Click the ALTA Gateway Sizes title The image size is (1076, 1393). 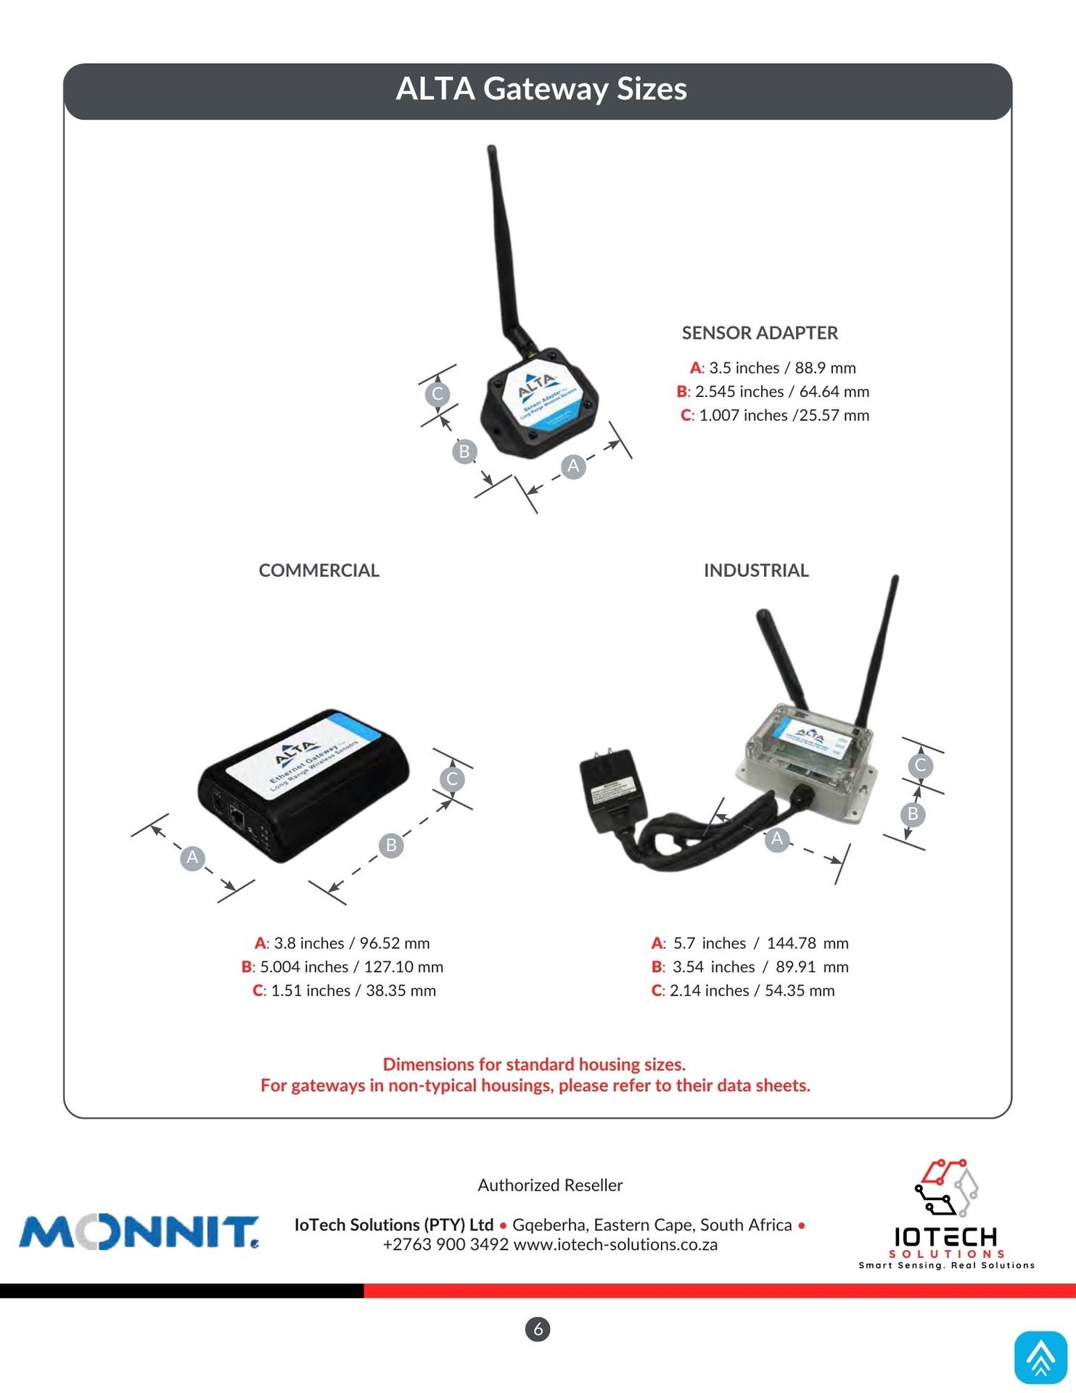pyautogui.click(x=541, y=89)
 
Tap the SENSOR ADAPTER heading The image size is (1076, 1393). pyautogui.click(x=760, y=333)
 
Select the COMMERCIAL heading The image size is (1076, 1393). pyautogui.click(x=319, y=570)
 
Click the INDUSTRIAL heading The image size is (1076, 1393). pyautogui.click(x=756, y=570)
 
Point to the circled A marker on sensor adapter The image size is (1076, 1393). pyautogui.click(x=573, y=466)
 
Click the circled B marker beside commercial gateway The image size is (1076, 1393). pyautogui.click(x=391, y=845)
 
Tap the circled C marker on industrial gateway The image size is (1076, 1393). pyautogui.click(x=920, y=765)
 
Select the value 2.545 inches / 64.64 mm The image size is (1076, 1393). pyautogui.click(x=781, y=392)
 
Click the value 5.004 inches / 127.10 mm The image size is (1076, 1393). pyautogui.click(x=351, y=967)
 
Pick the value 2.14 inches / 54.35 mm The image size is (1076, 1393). pyautogui.click(x=752, y=991)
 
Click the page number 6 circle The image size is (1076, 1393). pyautogui.click(x=538, y=1329)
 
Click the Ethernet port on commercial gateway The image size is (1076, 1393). pyautogui.click(x=237, y=815)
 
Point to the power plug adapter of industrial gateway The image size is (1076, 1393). pyautogui.click(x=612, y=792)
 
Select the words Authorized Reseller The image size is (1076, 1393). pyautogui.click(x=550, y=1186)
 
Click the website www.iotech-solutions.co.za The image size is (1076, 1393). pyautogui.click(x=615, y=1245)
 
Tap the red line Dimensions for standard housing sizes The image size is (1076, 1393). pyautogui.click(x=534, y=1064)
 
